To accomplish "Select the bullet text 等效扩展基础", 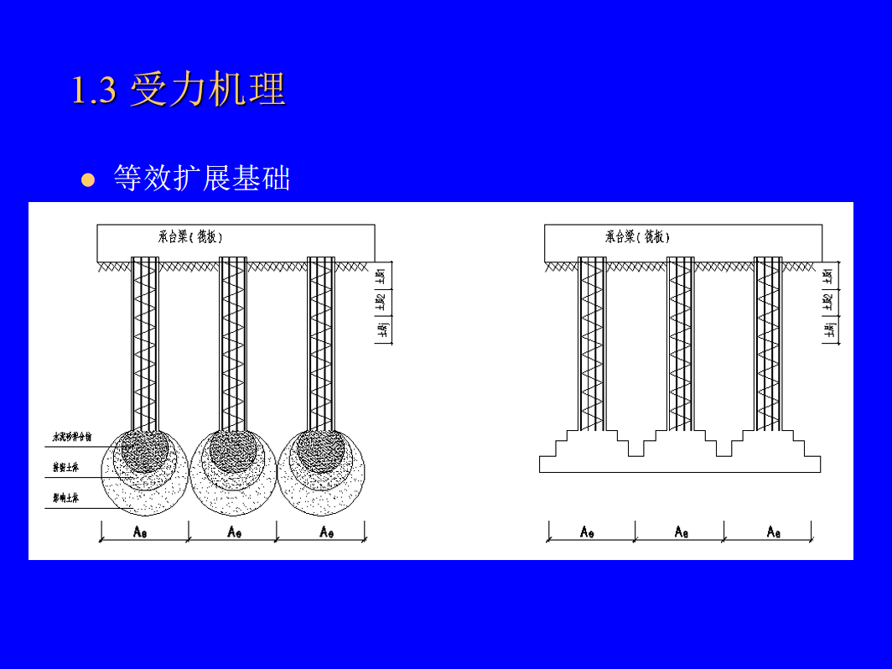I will click(202, 178).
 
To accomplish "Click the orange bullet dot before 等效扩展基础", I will click(88, 179).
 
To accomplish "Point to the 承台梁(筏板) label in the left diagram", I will click(190, 237).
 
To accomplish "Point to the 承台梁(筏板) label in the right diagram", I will click(637, 237).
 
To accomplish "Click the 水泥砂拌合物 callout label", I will click(72, 438).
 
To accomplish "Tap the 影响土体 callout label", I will click(65, 499).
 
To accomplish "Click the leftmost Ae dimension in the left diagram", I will click(142, 532).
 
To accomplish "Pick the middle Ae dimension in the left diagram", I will click(235, 532).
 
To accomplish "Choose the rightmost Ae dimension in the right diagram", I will click(774, 532).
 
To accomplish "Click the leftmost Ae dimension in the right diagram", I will click(588, 532).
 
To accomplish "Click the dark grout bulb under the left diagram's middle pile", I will click(231, 449).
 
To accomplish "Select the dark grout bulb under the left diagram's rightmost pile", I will click(319, 449).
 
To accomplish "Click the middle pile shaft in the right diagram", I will click(681, 344).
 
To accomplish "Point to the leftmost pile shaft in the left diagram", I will click(145, 344).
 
